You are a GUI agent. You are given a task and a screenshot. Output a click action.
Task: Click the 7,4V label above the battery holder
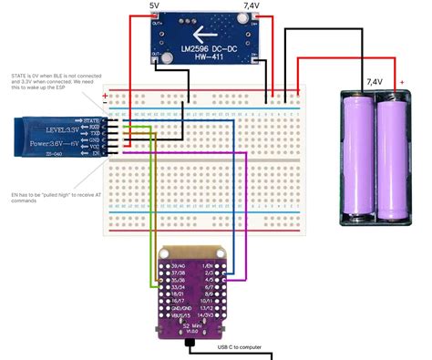[375, 81]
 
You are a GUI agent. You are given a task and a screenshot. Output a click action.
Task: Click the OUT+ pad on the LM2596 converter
[156, 24]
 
